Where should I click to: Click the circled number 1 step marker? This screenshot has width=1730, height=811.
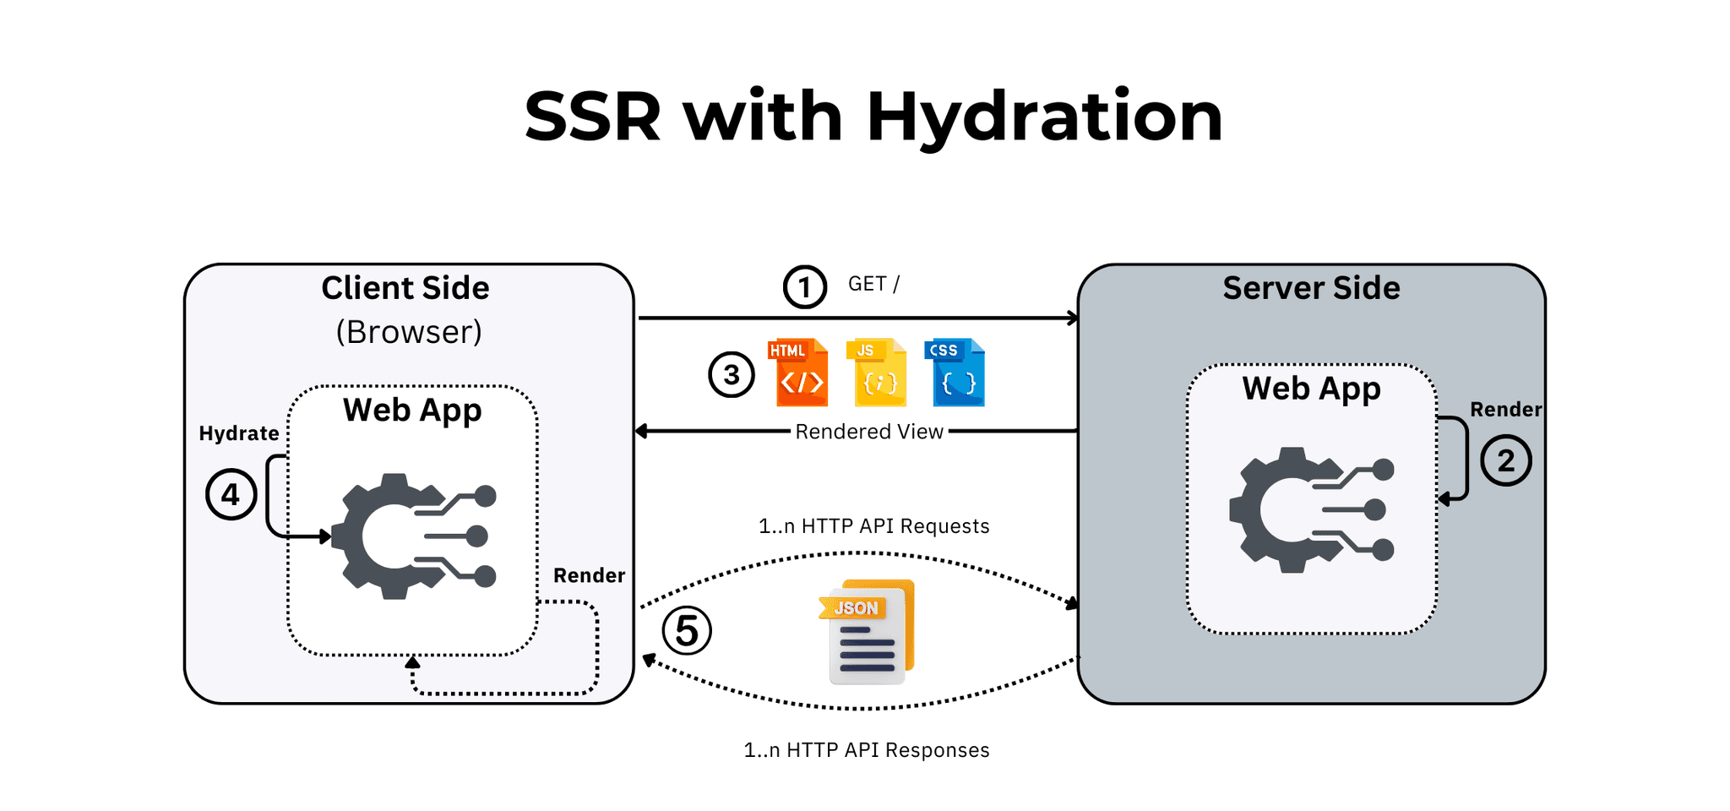click(x=804, y=287)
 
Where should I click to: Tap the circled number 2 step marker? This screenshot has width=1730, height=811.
click(x=1505, y=460)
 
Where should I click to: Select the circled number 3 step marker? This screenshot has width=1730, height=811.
click(x=731, y=374)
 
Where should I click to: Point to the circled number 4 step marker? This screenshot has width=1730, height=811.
click(x=231, y=494)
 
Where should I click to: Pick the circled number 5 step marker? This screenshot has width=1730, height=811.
click(x=686, y=630)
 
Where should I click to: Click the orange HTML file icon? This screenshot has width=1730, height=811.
click(x=798, y=373)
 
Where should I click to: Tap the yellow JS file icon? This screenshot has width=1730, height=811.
click(x=877, y=373)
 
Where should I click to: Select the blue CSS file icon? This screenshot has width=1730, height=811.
click(x=958, y=373)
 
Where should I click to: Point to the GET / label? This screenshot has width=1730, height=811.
click(x=873, y=284)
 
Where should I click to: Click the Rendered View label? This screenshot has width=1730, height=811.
click(x=868, y=432)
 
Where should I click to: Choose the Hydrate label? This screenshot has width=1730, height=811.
click(x=239, y=433)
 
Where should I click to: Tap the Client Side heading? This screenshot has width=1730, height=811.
click(x=405, y=288)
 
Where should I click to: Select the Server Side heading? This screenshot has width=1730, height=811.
click(x=1311, y=288)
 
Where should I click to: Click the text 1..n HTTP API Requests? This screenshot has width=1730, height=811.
click(x=873, y=526)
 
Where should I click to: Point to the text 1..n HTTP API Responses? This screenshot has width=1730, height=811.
click(x=866, y=750)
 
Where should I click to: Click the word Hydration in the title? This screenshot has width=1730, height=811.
click(x=1044, y=117)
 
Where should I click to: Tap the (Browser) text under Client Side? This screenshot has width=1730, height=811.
click(x=409, y=332)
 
